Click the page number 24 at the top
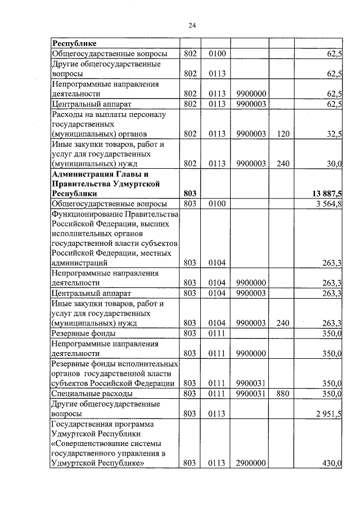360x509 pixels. (192, 25)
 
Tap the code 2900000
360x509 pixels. (251, 463)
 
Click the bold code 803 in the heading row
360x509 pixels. (190, 193)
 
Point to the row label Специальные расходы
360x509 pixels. (92, 394)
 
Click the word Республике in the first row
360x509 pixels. (74, 43)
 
